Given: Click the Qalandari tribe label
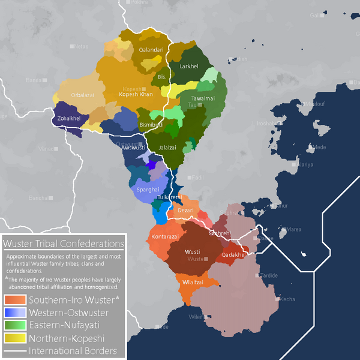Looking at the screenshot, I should coord(151,50).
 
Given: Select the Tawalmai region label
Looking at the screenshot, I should coord(203,98).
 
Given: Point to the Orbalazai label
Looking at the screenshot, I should coord(82,95).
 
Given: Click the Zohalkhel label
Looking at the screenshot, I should coord(69,119).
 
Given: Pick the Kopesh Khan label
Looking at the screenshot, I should coord(137,94).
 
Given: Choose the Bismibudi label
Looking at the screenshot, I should coord(151,124).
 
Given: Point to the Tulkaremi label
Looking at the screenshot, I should coord(169,197).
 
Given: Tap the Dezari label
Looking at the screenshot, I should coord(186,211).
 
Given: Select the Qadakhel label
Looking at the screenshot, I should coord(233,254).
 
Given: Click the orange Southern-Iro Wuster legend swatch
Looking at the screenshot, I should coord(15,299).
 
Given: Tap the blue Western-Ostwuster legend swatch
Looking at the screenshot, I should coord(15,313).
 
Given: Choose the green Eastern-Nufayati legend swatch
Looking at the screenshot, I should coord(15,326).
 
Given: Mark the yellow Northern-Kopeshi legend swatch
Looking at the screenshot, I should coord(15,338).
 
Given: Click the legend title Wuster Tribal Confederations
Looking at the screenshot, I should coord(64,244).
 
